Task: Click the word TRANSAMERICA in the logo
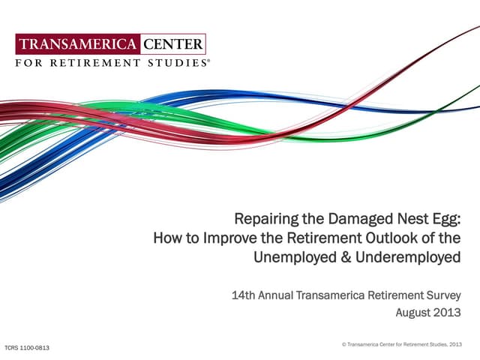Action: pyautogui.click(x=78, y=43)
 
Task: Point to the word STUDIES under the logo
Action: pyautogui.click(x=178, y=63)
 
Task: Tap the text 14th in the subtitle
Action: pyautogui.click(x=244, y=292)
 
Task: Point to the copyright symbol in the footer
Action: pyautogui.click(x=343, y=344)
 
